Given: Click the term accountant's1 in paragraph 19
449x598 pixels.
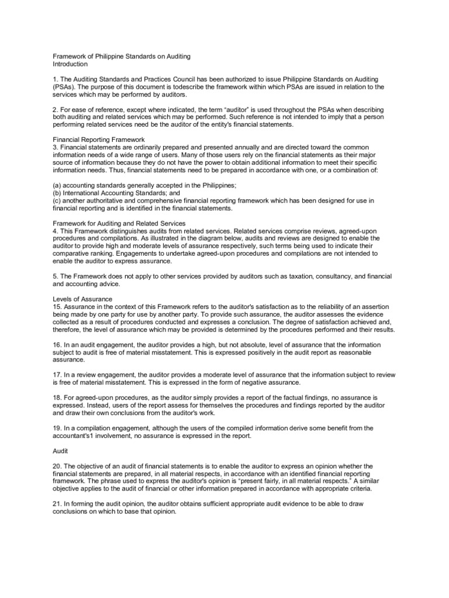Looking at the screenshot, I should pos(76,435).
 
